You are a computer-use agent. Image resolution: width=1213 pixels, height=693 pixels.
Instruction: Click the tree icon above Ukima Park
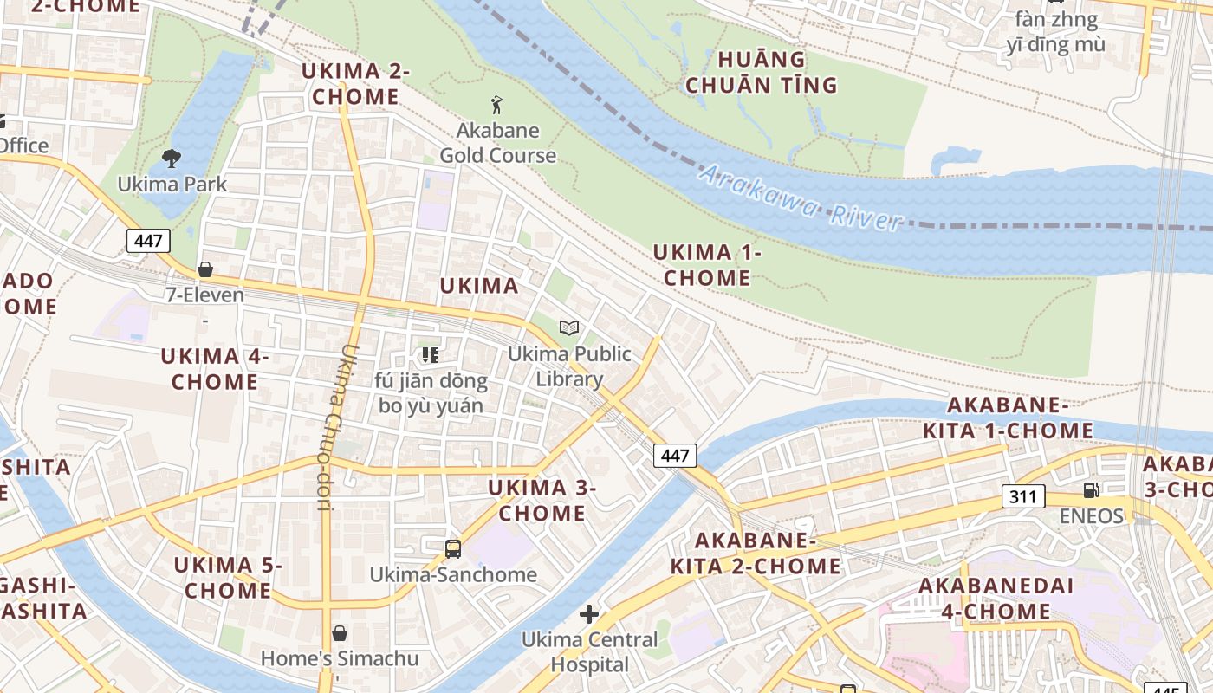click(x=172, y=158)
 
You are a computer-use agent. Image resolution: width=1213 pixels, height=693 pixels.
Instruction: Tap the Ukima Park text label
click(x=172, y=184)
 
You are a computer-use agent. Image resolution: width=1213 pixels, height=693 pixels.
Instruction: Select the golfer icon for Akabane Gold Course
click(x=496, y=106)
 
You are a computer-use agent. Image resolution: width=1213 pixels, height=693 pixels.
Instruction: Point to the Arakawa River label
click(x=801, y=199)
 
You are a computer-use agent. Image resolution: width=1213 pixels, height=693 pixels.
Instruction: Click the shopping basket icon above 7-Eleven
click(x=205, y=269)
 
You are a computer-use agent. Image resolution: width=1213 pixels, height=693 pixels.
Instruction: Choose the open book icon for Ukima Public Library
click(x=569, y=327)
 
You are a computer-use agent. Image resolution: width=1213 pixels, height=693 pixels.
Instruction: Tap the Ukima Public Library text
click(x=569, y=366)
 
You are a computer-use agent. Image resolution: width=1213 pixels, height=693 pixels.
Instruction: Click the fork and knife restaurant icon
click(x=431, y=354)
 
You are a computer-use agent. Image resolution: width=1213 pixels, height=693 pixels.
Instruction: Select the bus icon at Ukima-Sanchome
click(x=452, y=548)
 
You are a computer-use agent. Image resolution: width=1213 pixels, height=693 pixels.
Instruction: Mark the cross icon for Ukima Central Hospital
click(x=589, y=614)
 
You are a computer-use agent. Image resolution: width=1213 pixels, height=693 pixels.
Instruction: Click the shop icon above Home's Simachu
click(x=340, y=633)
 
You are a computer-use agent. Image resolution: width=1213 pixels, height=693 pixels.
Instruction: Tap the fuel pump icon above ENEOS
click(x=1091, y=490)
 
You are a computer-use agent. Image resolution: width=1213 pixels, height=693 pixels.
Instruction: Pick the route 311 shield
click(x=1023, y=496)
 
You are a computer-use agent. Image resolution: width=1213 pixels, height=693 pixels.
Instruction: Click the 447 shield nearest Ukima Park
click(x=148, y=241)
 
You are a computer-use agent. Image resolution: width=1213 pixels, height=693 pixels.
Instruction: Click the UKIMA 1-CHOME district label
click(x=707, y=265)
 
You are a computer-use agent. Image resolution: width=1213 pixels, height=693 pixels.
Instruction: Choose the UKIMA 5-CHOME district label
click(x=228, y=578)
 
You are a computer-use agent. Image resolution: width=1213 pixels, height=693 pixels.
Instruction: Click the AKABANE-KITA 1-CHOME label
click(x=1008, y=418)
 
